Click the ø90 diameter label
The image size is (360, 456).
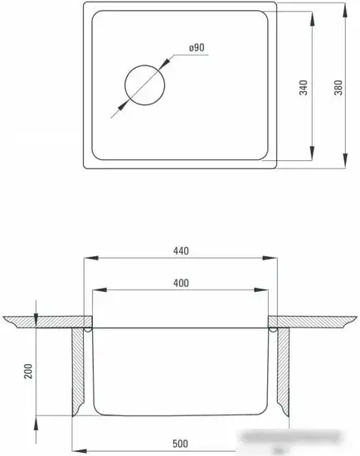click(x=197, y=48)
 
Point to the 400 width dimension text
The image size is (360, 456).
click(x=182, y=283)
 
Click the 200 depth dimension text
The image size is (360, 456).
click(x=27, y=371)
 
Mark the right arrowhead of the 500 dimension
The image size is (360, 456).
click(x=286, y=438)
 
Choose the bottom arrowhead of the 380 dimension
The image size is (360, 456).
click(x=346, y=167)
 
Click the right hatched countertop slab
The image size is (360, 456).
click(x=315, y=321)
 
